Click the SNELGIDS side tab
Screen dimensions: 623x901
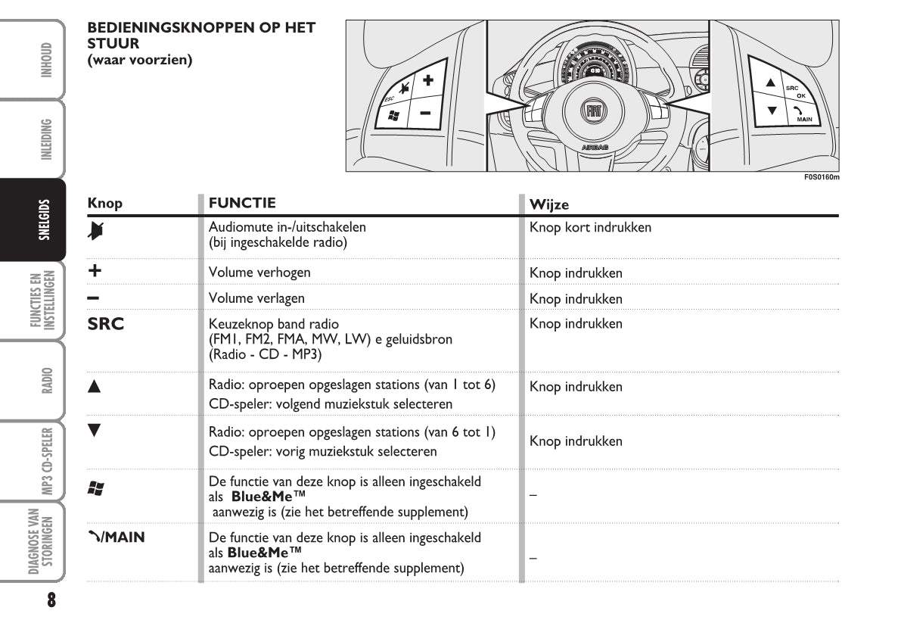(45, 220)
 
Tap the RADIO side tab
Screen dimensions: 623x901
(47, 380)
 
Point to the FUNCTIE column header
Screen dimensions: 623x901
(242, 203)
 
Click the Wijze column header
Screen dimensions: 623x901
(549, 204)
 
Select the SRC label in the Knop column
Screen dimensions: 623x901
(106, 324)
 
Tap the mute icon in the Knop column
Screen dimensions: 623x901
(95, 228)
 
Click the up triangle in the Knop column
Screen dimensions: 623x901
(94, 386)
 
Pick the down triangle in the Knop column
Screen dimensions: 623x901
(94, 430)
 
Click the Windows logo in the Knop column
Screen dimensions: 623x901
(95, 488)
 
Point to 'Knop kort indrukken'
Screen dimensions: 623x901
(590, 227)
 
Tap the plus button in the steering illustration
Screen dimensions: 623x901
(428, 79)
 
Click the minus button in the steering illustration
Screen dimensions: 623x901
(425, 113)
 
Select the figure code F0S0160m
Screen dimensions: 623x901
(822, 178)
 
